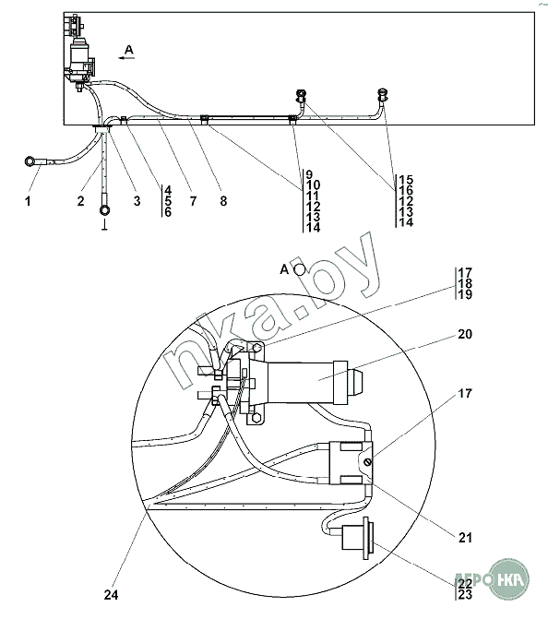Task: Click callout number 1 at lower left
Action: (x=28, y=201)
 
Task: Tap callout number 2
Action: (x=81, y=201)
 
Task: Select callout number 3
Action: (x=137, y=201)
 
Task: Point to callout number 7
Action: (x=193, y=201)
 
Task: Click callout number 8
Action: (x=223, y=201)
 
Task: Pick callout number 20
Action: (x=465, y=334)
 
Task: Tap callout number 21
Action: (x=465, y=537)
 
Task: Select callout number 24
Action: (x=111, y=595)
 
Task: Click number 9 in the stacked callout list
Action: (x=309, y=175)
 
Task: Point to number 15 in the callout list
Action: (x=406, y=181)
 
